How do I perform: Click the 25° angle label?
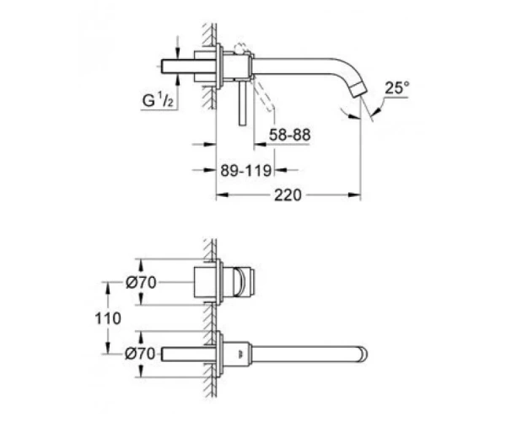pos(397,88)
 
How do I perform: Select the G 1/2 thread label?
pos(159,100)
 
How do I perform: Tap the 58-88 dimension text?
pos(290,135)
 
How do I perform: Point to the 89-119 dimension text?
pos(246,170)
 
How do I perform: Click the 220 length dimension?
pos(288,195)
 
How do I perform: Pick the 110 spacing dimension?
pos(108,318)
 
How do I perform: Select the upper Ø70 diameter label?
pos(141,283)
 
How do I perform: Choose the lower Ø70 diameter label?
pos(140,354)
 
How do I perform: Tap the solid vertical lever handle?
pos(243,103)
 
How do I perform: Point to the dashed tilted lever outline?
pos(263,93)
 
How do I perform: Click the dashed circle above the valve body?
pos(240,48)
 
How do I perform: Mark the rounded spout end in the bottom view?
pos(363,354)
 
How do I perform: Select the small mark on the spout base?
pos(240,354)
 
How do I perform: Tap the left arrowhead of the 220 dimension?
pos(223,195)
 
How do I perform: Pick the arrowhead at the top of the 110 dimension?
pos(108,288)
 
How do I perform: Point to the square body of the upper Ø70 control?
pos(205,282)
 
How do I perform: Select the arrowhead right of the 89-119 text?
pos(280,170)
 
